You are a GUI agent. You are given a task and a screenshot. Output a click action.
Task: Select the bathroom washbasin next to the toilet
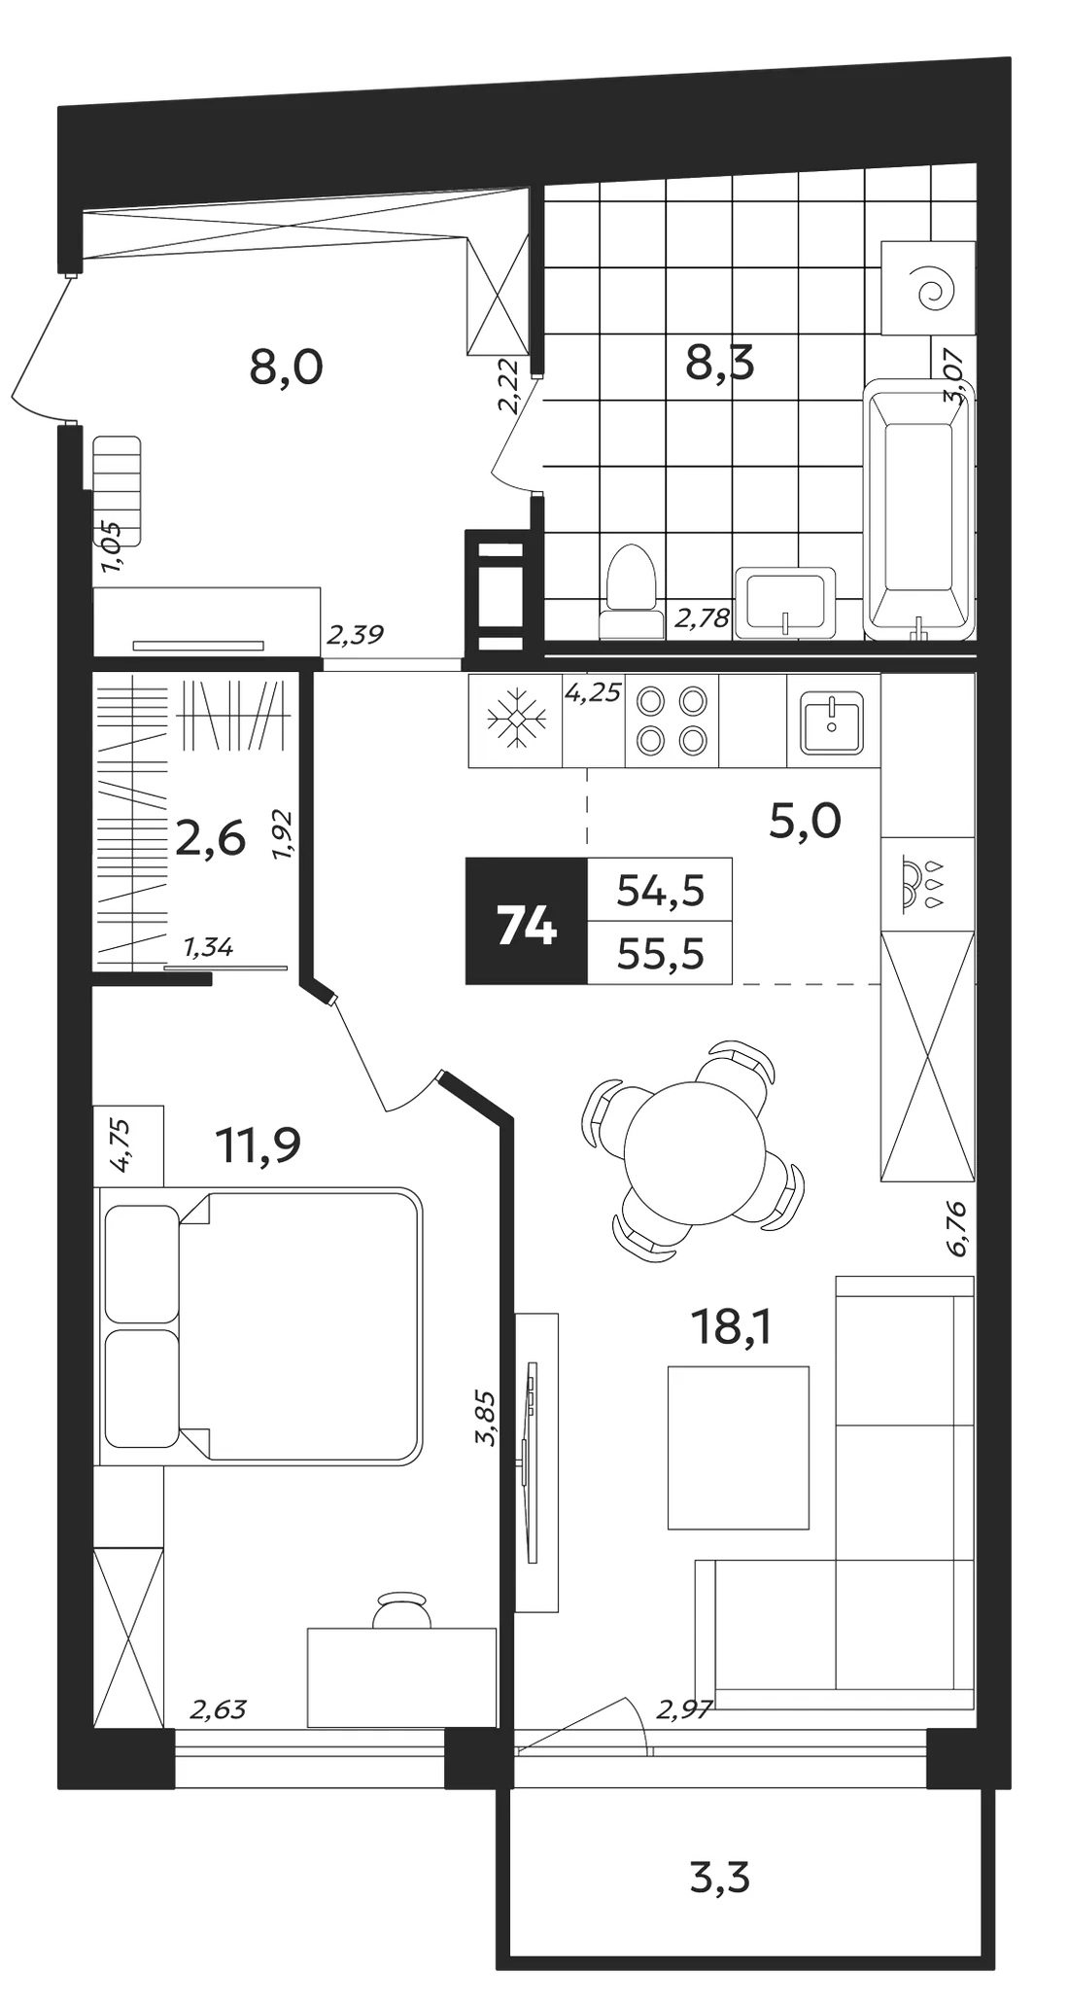click(x=785, y=603)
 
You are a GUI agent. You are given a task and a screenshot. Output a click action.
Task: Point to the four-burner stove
click(x=672, y=721)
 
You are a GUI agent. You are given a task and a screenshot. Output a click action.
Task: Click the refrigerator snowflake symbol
click(x=515, y=721)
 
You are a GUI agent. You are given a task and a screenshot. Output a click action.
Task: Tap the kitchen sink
click(x=832, y=722)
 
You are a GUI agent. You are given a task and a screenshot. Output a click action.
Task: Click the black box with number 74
click(x=527, y=920)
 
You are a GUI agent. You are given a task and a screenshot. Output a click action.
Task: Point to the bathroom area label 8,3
click(x=720, y=365)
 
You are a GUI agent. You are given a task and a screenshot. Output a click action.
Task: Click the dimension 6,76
click(x=958, y=1228)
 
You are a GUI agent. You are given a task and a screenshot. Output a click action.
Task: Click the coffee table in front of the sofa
click(x=739, y=1447)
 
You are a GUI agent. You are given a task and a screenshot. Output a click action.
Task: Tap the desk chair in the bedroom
click(x=402, y=1608)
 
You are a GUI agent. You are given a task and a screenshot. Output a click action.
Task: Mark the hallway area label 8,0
click(x=286, y=369)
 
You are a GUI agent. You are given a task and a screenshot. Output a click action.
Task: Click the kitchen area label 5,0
click(x=805, y=823)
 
